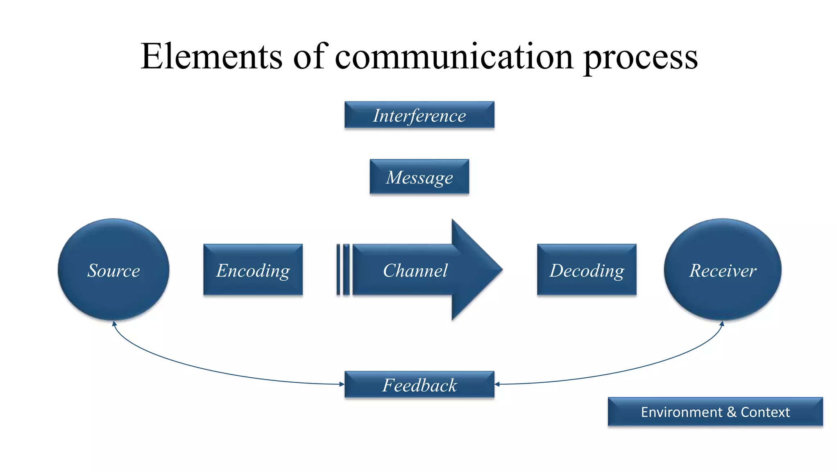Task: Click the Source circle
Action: click(x=113, y=270)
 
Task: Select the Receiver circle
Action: click(x=723, y=270)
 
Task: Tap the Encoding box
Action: click(x=253, y=270)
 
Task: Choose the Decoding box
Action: click(x=587, y=270)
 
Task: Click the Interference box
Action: click(x=419, y=115)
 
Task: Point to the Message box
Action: click(x=419, y=177)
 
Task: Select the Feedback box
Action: click(x=419, y=384)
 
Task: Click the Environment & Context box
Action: click(x=715, y=412)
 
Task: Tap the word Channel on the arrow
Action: click(x=415, y=270)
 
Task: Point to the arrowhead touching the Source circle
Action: click(x=114, y=324)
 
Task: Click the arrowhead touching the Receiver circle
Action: click(x=722, y=324)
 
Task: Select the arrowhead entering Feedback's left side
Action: click(x=342, y=384)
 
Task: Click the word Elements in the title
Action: click(x=211, y=56)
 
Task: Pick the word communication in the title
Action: click(x=454, y=56)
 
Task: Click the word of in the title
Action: click(x=311, y=56)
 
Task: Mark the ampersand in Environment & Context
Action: click(x=731, y=412)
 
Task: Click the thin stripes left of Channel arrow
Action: click(x=343, y=270)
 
